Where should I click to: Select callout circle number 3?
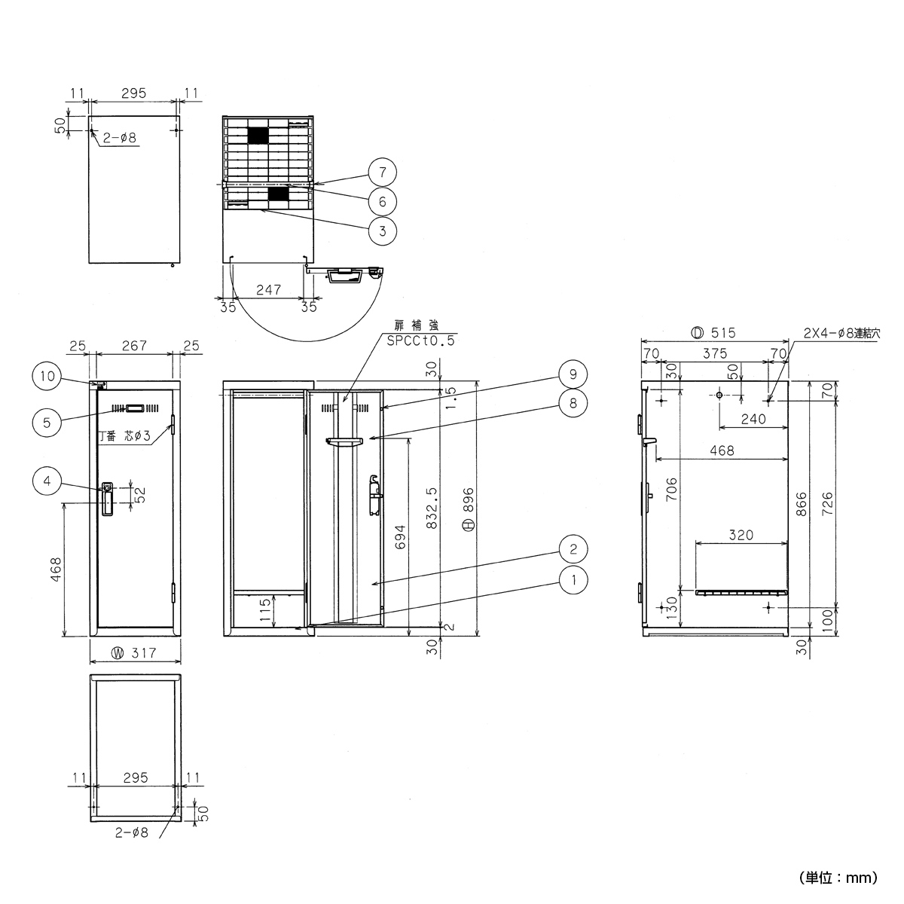click(383, 231)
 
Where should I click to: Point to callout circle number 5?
click(47, 423)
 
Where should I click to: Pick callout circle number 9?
click(573, 374)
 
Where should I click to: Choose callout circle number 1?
click(573, 579)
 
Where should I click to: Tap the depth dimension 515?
click(713, 332)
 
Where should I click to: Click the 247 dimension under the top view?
click(268, 289)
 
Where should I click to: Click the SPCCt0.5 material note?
click(420, 341)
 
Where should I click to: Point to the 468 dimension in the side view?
click(722, 451)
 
